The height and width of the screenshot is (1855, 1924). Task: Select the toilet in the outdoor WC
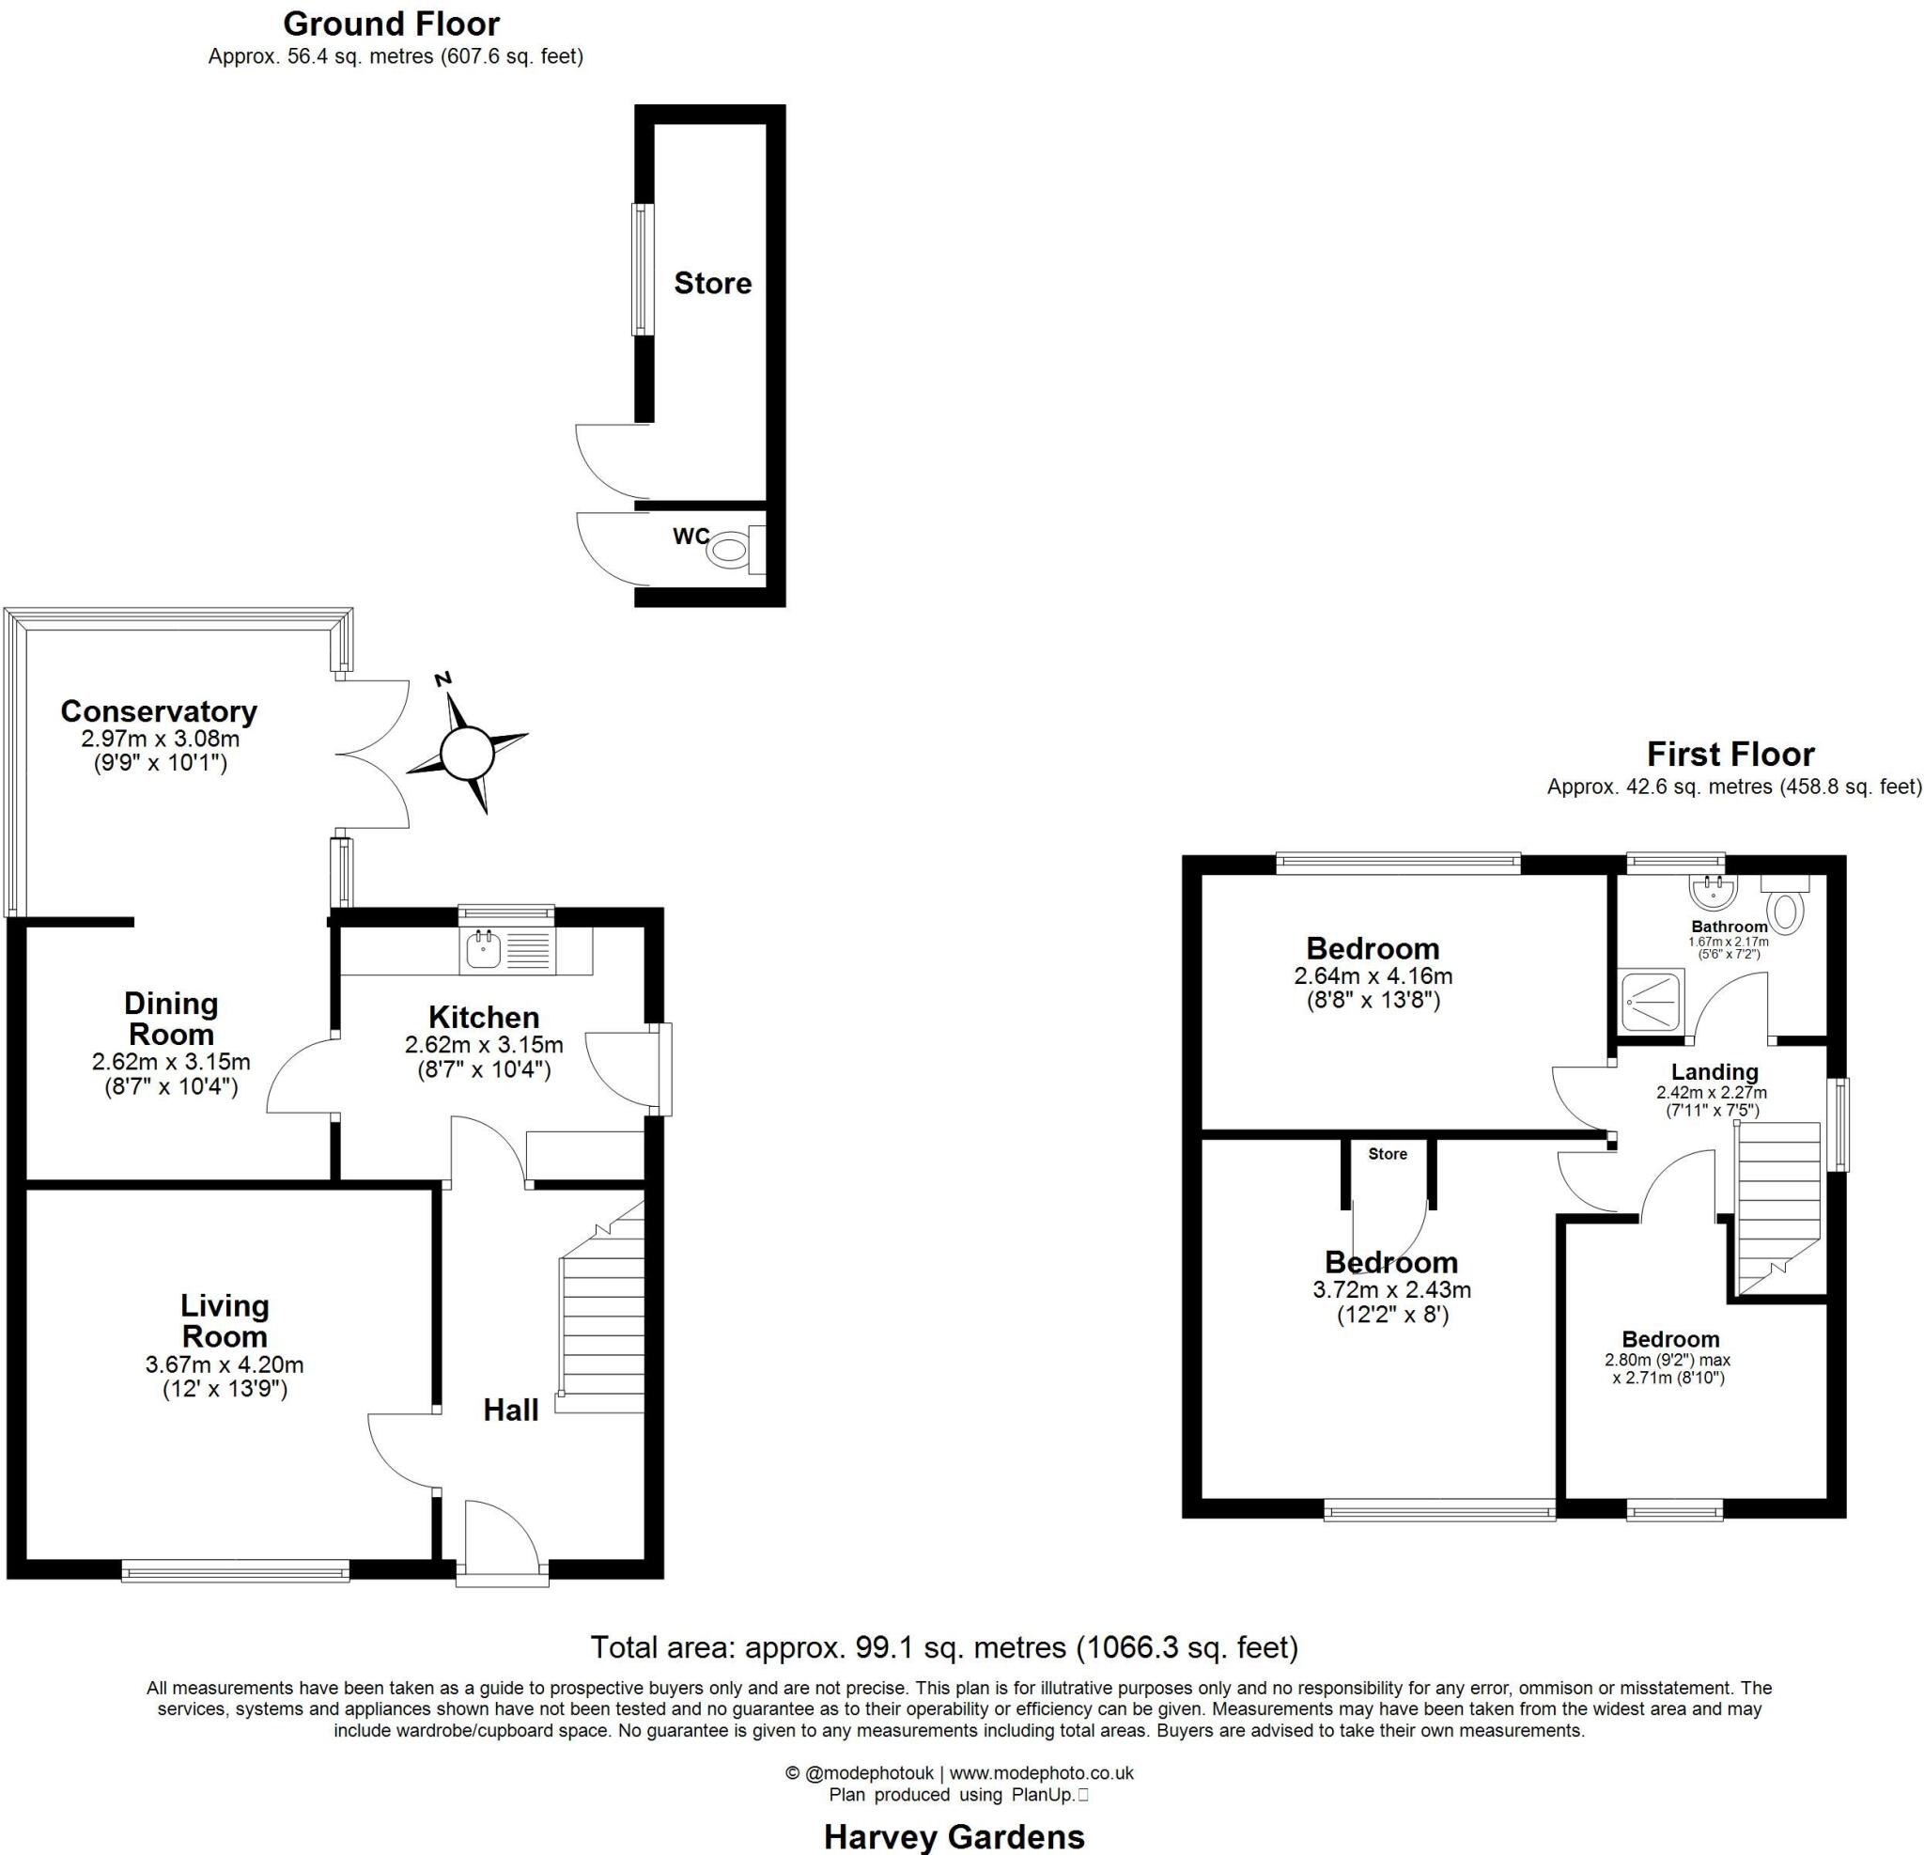coord(728,550)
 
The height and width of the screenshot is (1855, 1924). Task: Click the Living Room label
coord(225,1321)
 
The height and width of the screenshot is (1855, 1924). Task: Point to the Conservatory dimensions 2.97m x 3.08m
coord(160,739)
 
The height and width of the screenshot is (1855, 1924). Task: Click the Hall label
coord(510,1411)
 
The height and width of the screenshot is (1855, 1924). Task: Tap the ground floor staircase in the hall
coord(600,1326)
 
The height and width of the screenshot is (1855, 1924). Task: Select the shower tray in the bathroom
coord(1652,1000)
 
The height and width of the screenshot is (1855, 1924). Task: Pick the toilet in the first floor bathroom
coord(1789,908)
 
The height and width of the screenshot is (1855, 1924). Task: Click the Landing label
coord(1715,1071)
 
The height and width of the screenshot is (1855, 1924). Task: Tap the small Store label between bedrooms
coord(1387,1154)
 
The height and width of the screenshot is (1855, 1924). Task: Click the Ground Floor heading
coord(392,23)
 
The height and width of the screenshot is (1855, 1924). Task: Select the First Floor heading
coord(1730,755)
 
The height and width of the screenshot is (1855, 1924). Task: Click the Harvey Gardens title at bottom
coord(954,1836)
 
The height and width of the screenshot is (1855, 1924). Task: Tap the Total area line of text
coord(943,1646)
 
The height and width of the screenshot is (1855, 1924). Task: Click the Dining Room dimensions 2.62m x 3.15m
coord(171,1062)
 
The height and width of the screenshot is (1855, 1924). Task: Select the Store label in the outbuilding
coord(713,284)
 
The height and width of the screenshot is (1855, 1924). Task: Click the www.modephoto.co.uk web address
coord(1041,1772)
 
